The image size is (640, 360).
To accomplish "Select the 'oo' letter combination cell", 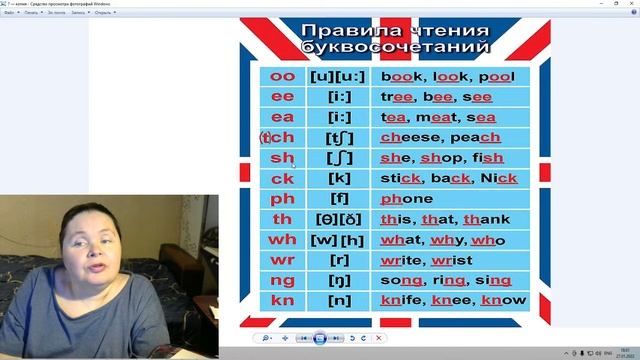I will (x=283, y=76).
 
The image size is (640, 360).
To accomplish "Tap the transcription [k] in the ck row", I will (x=338, y=178).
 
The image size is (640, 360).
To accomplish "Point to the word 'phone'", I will (x=407, y=199).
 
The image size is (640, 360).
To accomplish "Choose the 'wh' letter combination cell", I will (x=283, y=240).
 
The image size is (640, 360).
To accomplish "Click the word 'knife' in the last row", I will (x=403, y=300).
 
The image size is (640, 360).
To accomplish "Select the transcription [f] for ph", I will (x=338, y=199).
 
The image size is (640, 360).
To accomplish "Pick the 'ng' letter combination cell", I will (x=283, y=280).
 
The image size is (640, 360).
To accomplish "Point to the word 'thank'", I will (x=487, y=219).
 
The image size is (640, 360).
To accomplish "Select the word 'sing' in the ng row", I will (x=493, y=280).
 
